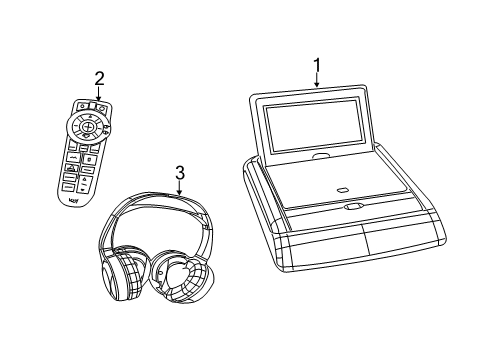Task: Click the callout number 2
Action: [x=99, y=79]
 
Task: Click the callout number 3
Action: [x=179, y=172]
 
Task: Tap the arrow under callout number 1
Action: [x=317, y=85]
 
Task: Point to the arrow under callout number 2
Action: [x=99, y=97]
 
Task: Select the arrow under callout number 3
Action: [x=179, y=190]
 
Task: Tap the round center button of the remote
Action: [x=89, y=127]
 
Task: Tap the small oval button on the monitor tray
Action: [x=343, y=190]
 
